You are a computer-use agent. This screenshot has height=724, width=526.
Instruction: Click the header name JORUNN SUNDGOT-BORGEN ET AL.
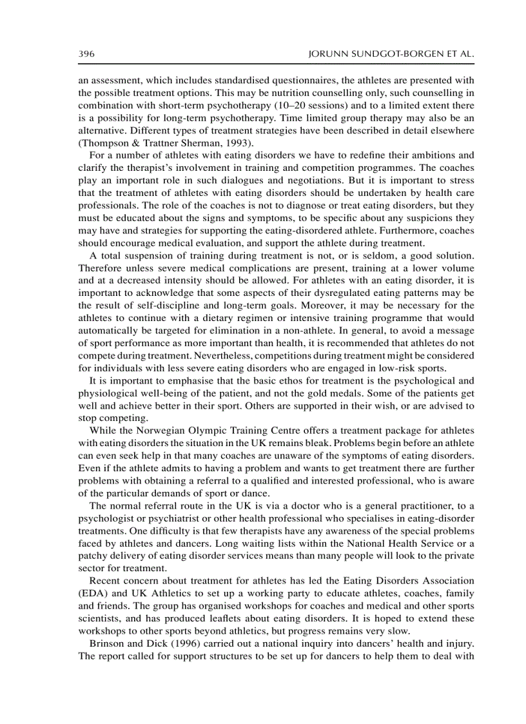393,55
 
